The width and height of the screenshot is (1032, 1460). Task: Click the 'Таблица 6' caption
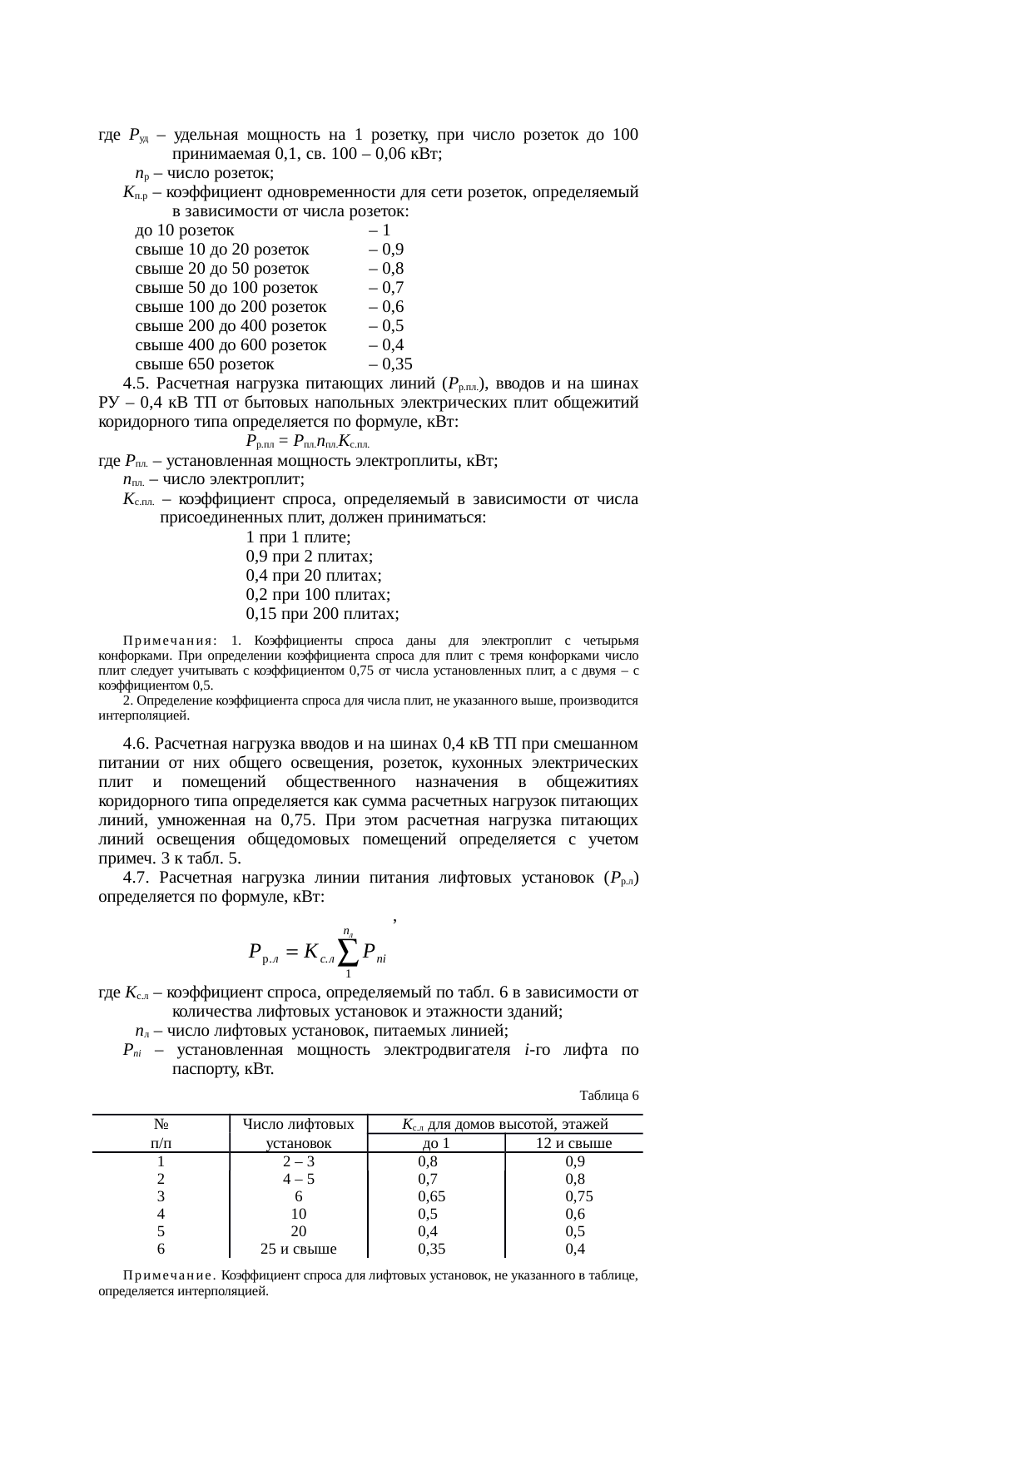(x=608, y=1095)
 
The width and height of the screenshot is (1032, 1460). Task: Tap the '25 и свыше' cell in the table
(x=298, y=1249)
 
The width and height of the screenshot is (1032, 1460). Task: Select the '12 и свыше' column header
(x=573, y=1143)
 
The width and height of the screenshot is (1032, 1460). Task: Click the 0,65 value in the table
(x=432, y=1196)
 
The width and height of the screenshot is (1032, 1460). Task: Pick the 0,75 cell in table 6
(x=578, y=1196)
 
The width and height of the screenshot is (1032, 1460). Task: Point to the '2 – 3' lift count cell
(x=298, y=1161)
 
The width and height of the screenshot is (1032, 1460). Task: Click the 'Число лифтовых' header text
(x=298, y=1125)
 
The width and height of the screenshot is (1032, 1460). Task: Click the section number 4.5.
(x=136, y=384)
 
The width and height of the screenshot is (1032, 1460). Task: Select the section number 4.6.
(x=136, y=743)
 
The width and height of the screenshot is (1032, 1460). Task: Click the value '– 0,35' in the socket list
(x=389, y=364)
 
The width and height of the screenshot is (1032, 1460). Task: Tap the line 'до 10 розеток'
(x=184, y=230)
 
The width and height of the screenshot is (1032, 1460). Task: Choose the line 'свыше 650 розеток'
(x=204, y=364)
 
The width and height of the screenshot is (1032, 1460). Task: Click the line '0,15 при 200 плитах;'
(x=322, y=614)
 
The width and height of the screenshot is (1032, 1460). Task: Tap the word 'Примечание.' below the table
(x=171, y=1274)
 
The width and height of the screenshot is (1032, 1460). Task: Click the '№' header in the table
(x=161, y=1125)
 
